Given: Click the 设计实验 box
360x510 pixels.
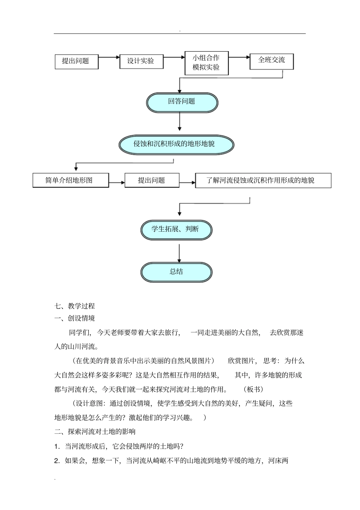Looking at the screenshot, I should click(141, 61).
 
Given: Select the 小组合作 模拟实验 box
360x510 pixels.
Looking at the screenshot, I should click(207, 63).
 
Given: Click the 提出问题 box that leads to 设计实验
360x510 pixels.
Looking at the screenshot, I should click(76, 61).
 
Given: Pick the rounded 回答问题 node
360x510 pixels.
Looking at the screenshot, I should click(182, 102).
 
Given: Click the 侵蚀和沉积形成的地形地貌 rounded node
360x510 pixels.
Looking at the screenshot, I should click(176, 144).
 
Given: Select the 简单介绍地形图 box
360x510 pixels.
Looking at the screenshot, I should click(71, 180).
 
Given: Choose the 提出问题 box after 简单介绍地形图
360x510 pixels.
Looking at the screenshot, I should click(152, 180).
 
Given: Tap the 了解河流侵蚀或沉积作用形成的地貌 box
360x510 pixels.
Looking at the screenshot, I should click(263, 180).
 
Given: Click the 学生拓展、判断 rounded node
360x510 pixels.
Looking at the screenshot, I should click(176, 229).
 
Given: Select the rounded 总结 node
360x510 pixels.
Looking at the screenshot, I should click(176, 271).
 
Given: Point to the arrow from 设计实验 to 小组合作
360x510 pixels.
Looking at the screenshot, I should click(174, 58).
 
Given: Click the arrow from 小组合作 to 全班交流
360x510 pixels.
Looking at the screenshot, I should click(239, 58).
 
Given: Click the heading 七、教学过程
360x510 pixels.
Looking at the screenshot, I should click(75, 306).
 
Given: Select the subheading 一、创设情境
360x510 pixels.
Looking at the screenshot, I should click(75, 318).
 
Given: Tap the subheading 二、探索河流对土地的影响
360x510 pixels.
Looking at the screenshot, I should click(95, 432).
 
